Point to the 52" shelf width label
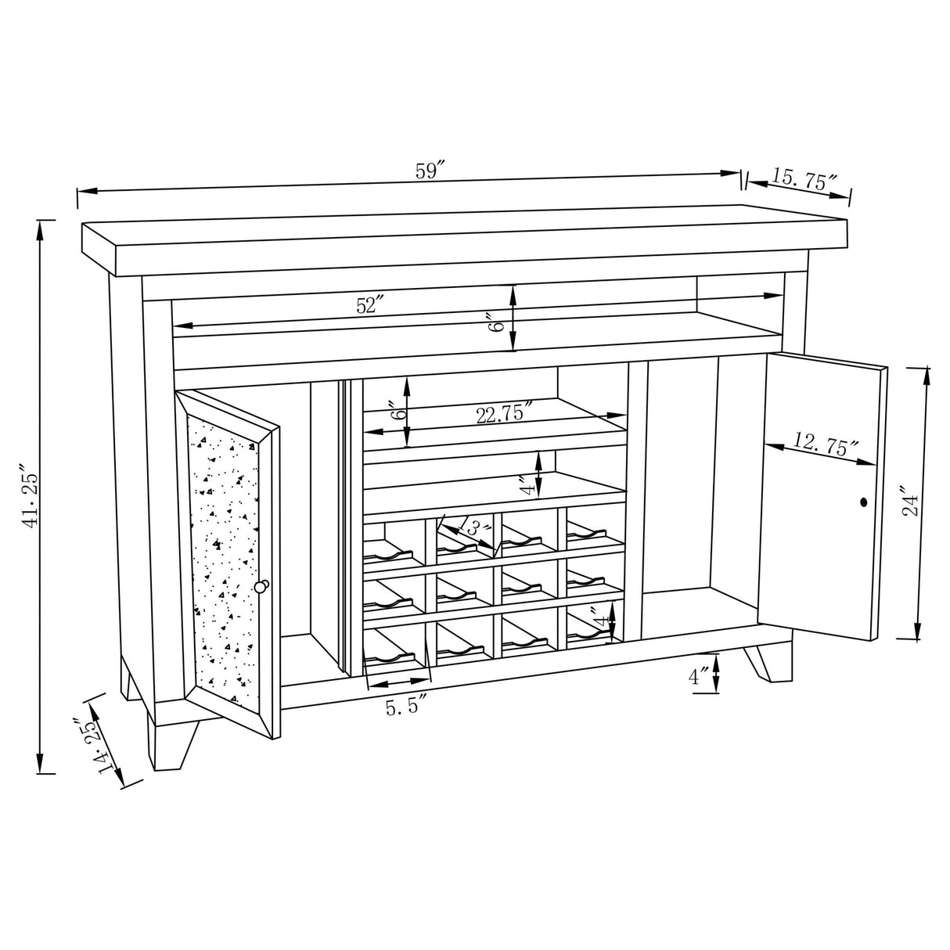367,306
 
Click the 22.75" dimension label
506,413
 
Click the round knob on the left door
261,585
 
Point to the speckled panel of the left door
225,548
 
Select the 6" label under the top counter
494,321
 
